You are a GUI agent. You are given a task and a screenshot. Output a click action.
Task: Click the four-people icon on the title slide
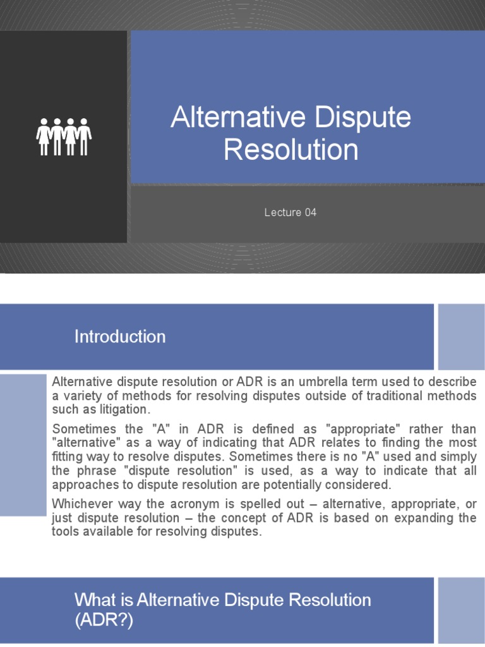click(x=64, y=136)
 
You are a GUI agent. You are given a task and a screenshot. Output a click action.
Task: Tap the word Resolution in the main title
click(x=291, y=150)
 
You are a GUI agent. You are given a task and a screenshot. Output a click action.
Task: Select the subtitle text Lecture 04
click(x=290, y=212)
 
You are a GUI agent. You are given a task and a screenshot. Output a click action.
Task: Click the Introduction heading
click(x=120, y=337)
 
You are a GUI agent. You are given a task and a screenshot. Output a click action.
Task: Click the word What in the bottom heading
click(x=93, y=599)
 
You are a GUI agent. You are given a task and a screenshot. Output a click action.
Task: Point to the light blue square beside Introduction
click(x=461, y=337)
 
